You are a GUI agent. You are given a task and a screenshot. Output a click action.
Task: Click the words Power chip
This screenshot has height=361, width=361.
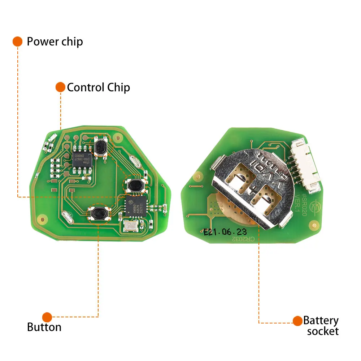click(55, 42)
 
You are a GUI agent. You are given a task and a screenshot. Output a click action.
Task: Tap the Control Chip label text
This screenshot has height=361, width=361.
click(98, 87)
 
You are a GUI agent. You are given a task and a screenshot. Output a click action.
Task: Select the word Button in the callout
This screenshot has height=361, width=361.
click(44, 327)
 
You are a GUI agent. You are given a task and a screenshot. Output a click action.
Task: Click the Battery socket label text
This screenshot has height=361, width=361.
click(321, 326)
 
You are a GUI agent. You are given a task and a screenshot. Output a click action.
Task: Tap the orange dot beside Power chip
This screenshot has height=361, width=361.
click(17, 42)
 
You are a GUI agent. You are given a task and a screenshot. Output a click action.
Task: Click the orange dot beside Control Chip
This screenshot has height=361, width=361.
click(60, 87)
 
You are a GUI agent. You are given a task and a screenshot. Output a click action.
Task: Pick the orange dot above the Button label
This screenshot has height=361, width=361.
click(47, 317)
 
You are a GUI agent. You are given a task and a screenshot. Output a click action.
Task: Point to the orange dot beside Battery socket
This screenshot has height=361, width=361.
click(297, 321)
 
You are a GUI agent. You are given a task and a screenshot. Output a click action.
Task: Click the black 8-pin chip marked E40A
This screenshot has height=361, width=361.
click(83, 159)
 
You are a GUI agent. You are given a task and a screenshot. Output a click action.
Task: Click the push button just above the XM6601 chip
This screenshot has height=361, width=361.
click(135, 185)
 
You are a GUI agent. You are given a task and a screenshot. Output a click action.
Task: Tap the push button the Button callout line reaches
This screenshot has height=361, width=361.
click(99, 214)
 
